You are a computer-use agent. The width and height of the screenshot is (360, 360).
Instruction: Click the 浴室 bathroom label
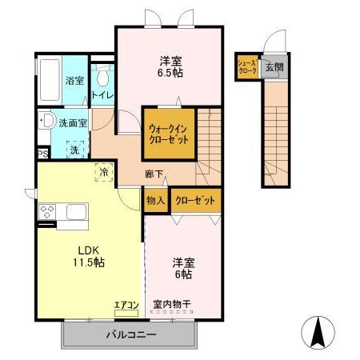(x=74, y=81)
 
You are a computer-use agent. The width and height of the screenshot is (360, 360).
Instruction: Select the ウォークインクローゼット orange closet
(x=169, y=133)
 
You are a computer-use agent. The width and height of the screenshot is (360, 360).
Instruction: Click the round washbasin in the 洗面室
(x=46, y=122)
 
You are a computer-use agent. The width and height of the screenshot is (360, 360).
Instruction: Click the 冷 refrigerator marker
(x=103, y=170)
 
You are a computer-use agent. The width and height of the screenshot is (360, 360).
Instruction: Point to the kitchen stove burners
(x=47, y=213)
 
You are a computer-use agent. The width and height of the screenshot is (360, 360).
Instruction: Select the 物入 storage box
(x=155, y=200)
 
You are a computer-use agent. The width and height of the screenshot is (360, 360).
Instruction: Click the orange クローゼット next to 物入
(x=194, y=200)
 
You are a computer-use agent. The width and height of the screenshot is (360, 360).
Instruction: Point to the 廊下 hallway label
(x=154, y=173)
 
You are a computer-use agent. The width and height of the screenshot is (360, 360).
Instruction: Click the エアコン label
(x=126, y=304)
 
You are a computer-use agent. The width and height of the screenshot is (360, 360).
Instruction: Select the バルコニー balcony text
(x=129, y=333)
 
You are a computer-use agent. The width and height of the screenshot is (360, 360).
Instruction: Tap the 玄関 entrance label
(x=274, y=67)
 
